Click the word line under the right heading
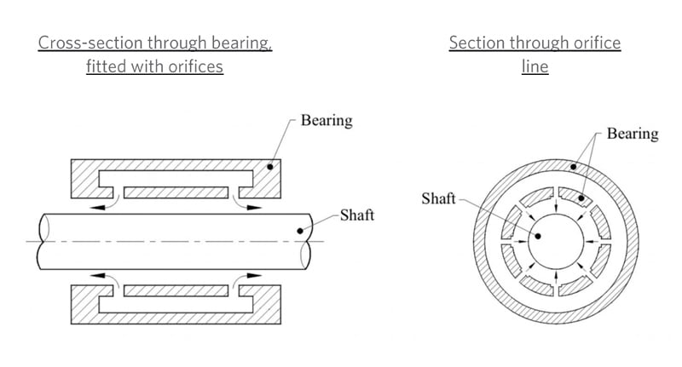pyautogui.click(x=535, y=66)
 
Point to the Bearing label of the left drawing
pyautogui.click(x=327, y=120)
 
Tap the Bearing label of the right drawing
pyautogui.click(x=633, y=134)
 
